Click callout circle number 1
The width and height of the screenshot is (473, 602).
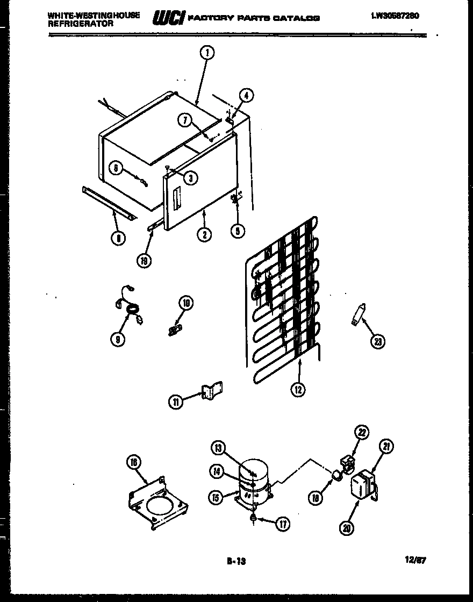[207, 52]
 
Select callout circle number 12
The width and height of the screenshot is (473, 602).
[298, 390]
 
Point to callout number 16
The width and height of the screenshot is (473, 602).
[133, 462]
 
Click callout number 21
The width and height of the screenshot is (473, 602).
[386, 446]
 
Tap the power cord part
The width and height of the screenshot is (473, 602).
[130, 312]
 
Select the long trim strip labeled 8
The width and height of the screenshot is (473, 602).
[107, 203]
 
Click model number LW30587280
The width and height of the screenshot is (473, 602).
[395, 16]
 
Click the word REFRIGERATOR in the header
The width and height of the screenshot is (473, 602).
[81, 24]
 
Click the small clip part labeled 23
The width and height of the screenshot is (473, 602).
[357, 314]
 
